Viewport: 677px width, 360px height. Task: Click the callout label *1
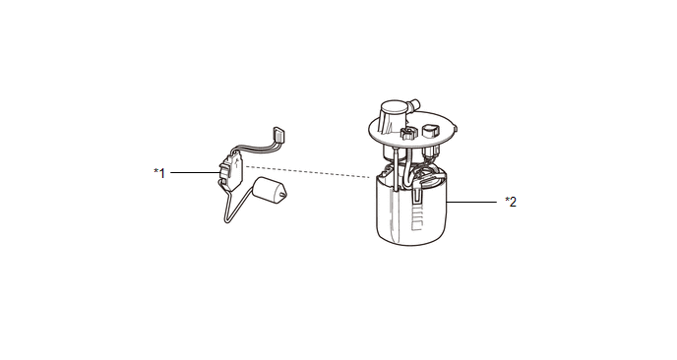159,173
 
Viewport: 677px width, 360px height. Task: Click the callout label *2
511,202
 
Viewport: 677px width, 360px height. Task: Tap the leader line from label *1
195,173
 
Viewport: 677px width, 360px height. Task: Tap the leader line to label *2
471,202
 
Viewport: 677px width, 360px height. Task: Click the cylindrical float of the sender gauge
268,190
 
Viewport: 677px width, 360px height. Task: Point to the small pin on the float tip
282,195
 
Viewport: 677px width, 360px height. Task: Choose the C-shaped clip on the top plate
407,133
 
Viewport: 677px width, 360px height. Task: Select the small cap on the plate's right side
430,131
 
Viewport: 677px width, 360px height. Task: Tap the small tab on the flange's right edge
455,128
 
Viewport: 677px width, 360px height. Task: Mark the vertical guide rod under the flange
395,169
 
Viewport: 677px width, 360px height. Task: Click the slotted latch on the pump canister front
416,194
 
